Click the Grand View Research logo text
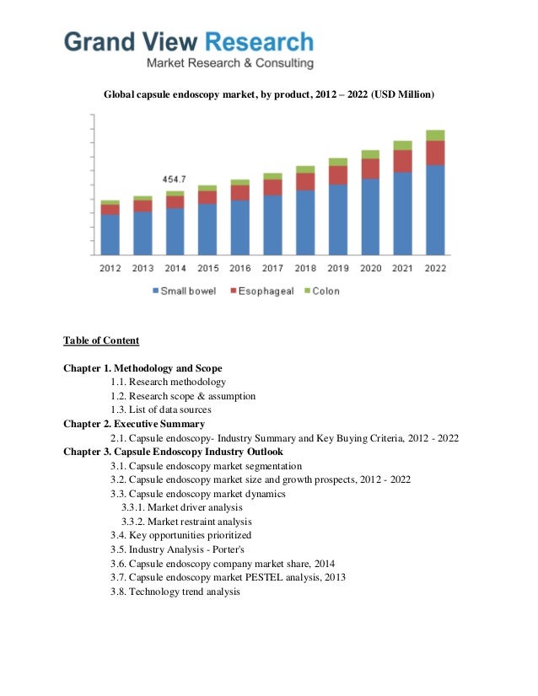point(189,41)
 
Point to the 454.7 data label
point(175,179)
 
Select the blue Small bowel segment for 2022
point(435,210)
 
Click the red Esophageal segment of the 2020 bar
point(370,169)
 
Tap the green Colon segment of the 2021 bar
point(402,145)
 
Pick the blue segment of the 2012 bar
point(110,234)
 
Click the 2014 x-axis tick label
point(175,269)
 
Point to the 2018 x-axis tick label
point(305,269)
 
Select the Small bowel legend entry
point(184,291)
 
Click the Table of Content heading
point(101,340)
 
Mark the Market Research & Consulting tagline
point(230,63)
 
